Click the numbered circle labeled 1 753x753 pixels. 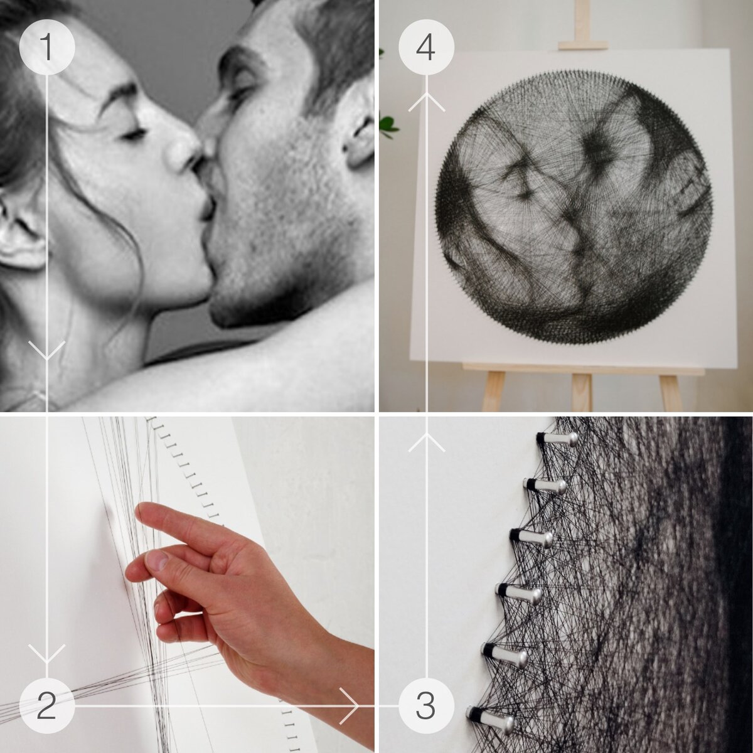[x=47, y=47]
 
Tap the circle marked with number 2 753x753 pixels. [x=47, y=706]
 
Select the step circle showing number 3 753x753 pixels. [x=426, y=706]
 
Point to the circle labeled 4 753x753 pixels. [x=426, y=47]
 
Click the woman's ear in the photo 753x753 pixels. [x=19, y=230]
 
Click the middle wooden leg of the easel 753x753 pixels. [x=582, y=392]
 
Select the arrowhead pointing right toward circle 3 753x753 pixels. [x=349, y=706]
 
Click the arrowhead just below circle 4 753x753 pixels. [x=426, y=102]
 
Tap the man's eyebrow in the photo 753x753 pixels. [x=235, y=58]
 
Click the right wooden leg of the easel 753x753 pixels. [x=671, y=392]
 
